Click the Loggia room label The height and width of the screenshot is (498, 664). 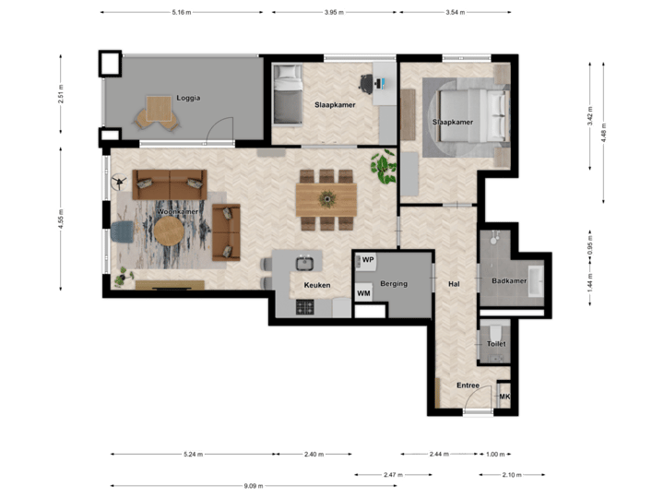coord(188,98)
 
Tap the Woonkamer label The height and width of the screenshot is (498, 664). coord(178,212)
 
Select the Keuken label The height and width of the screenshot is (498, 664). coord(317,286)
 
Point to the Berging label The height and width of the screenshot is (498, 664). coord(394,284)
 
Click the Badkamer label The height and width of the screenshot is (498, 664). coord(508,279)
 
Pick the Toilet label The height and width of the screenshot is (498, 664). coord(496,344)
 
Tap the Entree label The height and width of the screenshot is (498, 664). coord(468,385)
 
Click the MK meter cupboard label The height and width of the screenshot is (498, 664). coord(504,397)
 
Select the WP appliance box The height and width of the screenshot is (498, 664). coord(367,261)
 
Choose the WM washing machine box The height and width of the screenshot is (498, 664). coord(364,294)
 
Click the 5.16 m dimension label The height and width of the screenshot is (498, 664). coord(181,13)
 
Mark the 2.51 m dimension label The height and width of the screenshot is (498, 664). coord(61,94)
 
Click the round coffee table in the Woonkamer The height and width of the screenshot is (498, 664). coord(169,233)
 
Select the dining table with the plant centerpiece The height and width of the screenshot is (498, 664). coord(326,196)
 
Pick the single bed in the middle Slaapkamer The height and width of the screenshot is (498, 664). coord(288,98)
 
